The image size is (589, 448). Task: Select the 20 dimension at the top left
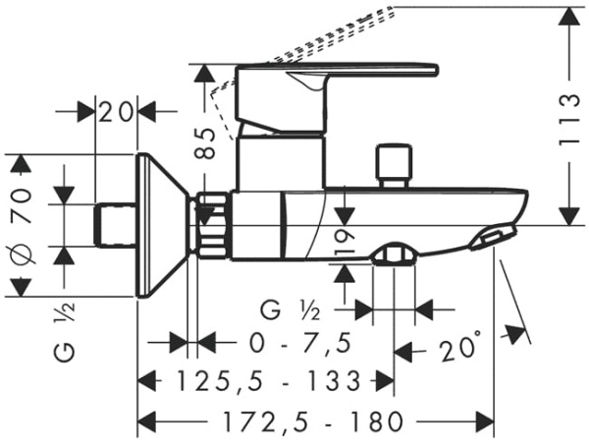117,111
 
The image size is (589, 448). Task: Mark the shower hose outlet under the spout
394,256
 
